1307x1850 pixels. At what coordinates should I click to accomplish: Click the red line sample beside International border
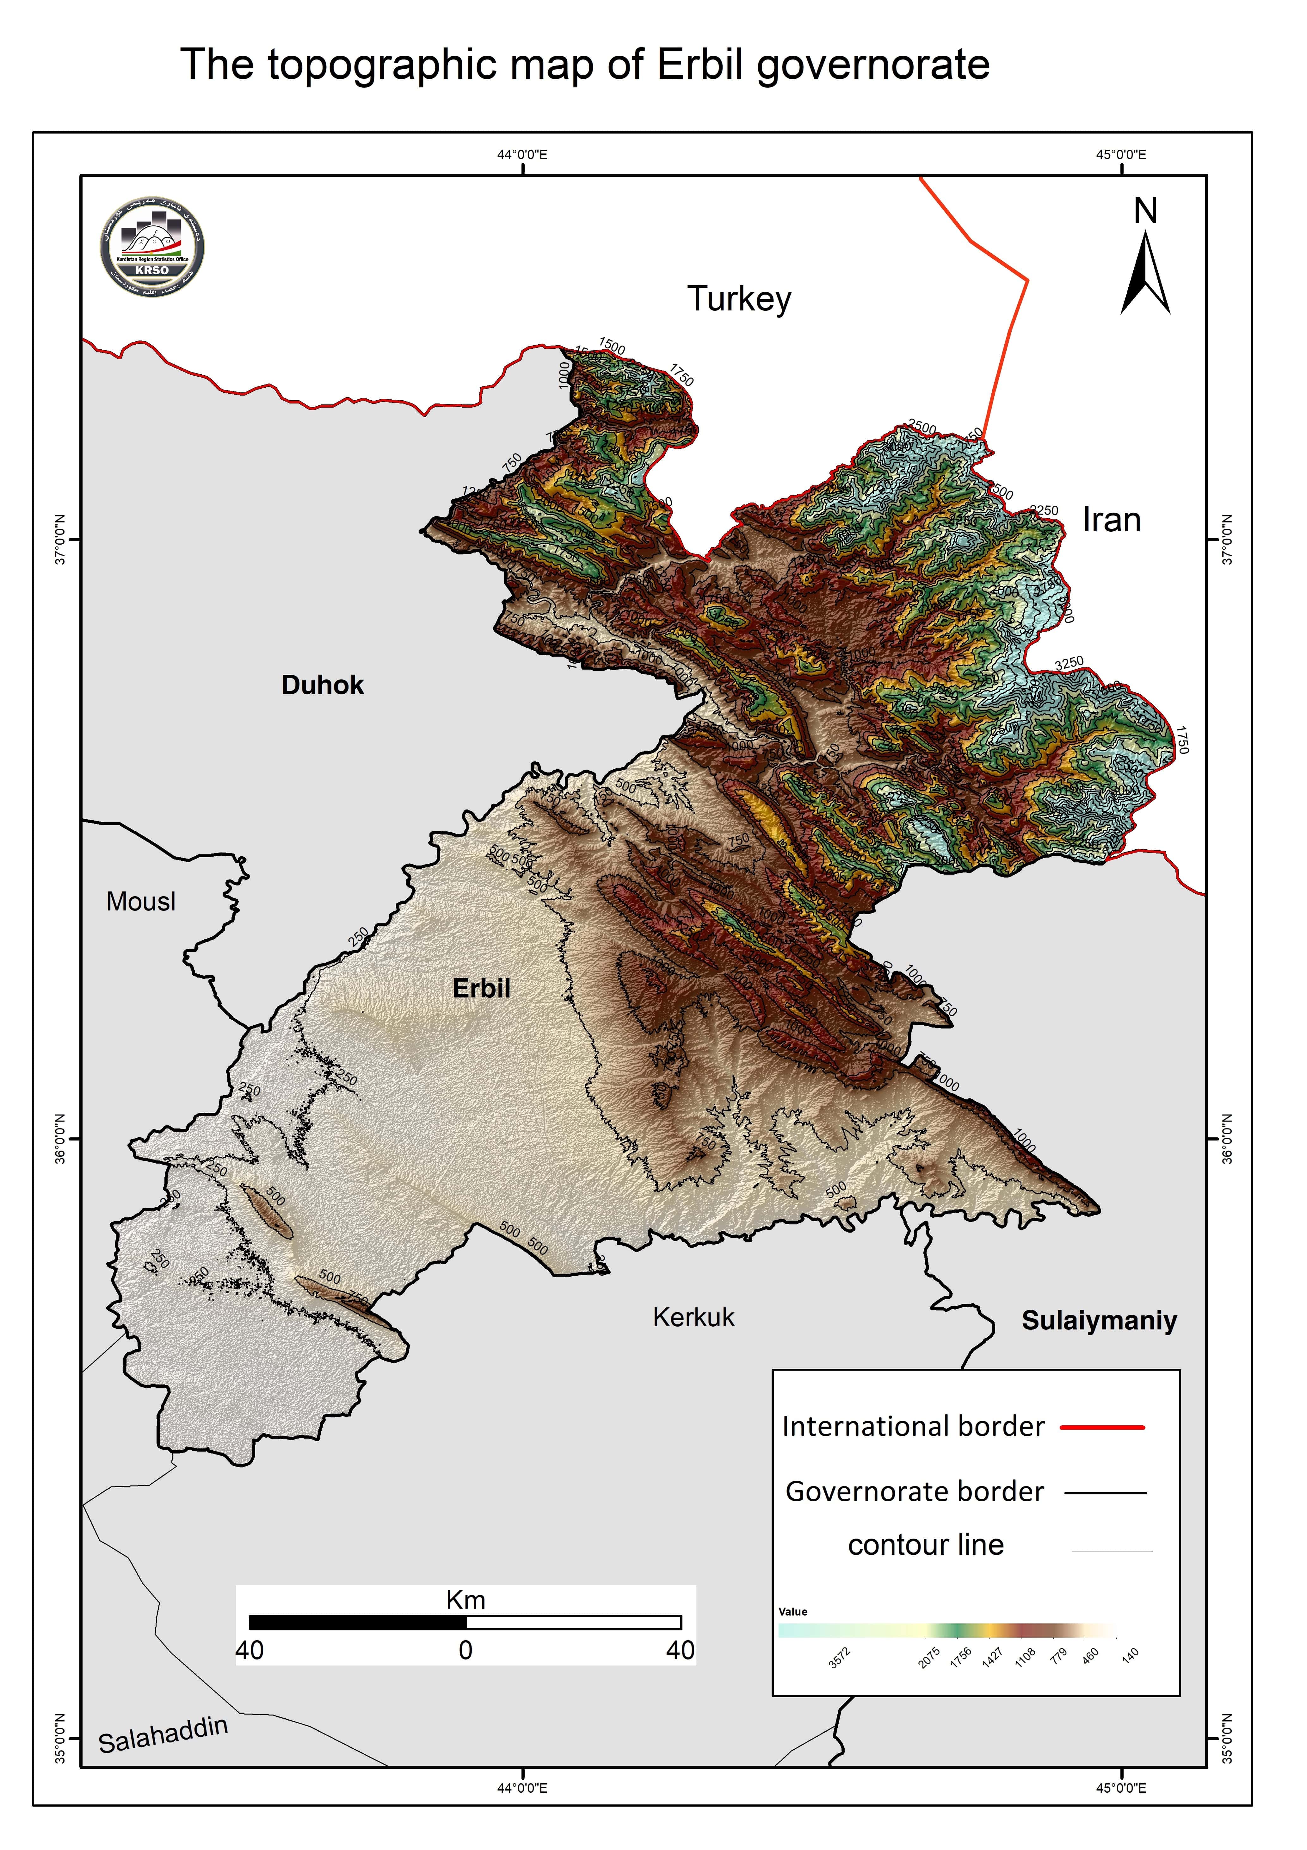pyautogui.click(x=1102, y=1427)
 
